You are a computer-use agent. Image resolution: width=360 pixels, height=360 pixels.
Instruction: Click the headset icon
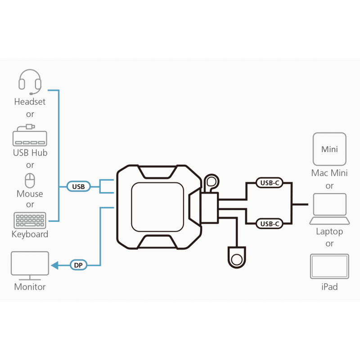pos(30,81)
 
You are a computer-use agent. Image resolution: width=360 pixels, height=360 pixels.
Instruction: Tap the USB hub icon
pos(30,136)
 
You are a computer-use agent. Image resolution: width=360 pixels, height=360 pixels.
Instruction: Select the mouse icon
pos(30,180)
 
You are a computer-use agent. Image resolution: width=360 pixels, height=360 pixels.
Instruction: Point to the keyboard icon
pos(30,220)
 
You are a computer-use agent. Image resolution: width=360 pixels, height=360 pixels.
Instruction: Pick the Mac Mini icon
pos(329,149)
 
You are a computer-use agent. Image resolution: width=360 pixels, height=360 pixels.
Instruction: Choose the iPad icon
pos(329,266)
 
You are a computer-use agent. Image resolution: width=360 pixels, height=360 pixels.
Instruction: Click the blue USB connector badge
pos(79,186)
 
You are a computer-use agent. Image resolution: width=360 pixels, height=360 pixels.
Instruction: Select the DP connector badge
pos(79,265)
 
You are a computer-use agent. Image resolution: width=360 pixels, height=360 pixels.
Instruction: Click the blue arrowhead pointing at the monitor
pos(55,265)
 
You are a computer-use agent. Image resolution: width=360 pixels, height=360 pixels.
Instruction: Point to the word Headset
pos(30,102)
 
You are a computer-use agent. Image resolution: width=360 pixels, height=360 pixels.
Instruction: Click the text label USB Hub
pos(30,153)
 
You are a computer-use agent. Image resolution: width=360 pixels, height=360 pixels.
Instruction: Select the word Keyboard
pos(30,234)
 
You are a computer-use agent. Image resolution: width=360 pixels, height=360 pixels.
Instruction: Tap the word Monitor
pos(30,287)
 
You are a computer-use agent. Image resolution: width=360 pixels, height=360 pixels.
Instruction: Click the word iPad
pos(329,287)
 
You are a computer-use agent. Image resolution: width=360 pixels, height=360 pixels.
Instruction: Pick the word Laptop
pos(329,231)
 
